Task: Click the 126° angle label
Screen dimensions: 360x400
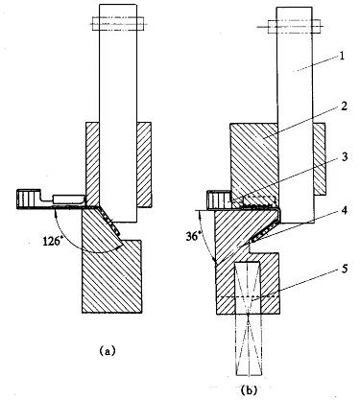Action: click(x=53, y=241)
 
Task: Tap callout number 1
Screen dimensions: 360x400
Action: click(x=342, y=57)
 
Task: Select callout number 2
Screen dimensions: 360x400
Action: click(x=344, y=106)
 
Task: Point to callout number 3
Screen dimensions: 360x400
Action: click(x=344, y=157)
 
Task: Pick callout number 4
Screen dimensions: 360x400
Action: click(x=344, y=211)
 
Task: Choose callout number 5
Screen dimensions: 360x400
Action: click(x=344, y=269)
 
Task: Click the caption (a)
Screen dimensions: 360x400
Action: click(x=107, y=351)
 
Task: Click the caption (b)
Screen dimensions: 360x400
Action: click(x=250, y=389)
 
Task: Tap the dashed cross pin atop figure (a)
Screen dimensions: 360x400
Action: click(x=117, y=23)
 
